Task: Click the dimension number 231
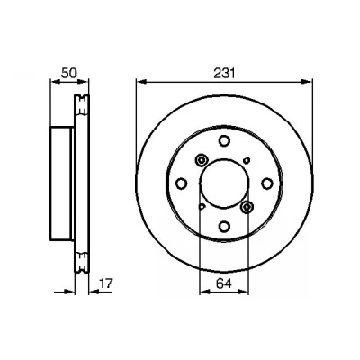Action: (x=224, y=73)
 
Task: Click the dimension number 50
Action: (x=69, y=73)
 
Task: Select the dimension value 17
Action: (x=105, y=283)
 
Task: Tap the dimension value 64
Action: (x=224, y=283)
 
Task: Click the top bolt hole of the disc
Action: (x=224, y=140)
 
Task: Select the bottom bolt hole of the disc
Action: (x=224, y=227)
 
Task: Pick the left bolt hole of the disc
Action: (x=181, y=184)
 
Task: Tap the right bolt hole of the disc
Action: (x=266, y=184)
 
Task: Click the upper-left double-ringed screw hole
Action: (x=201, y=160)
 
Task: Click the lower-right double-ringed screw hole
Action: (x=247, y=207)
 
